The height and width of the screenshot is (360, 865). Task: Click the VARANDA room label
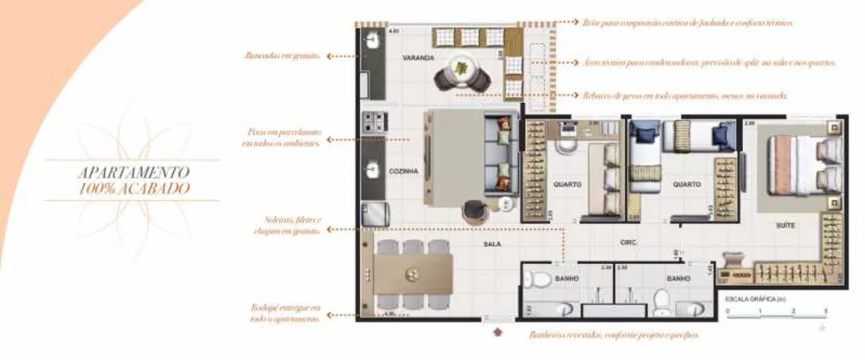pyautogui.click(x=417, y=57)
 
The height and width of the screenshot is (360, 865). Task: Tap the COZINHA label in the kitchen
pyautogui.click(x=404, y=171)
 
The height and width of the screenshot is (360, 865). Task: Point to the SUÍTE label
pyautogui.click(x=785, y=225)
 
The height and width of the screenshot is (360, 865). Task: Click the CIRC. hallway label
pyautogui.click(x=629, y=243)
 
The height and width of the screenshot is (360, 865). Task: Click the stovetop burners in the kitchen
pyautogui.click(x=374, y=122)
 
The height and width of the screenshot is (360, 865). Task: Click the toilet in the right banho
pyautogui.click(x=661, y=299)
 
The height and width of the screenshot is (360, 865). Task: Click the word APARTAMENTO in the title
pyautogui.click(x=132, y=172)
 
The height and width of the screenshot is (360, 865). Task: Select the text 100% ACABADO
pyautogui.click(x=132, y=188)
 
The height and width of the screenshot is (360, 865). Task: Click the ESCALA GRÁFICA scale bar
pyautogui.click(x=776, y=310)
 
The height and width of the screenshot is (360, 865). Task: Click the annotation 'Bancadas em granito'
pyautogui.click(x=282, y=55)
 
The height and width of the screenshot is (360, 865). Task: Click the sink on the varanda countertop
pyautogui.click(x=374, y=40)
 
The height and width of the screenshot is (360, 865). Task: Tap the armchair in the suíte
pyautogui.click(x=733, y=260)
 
